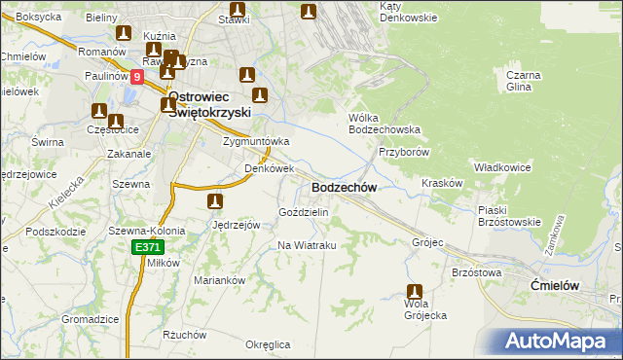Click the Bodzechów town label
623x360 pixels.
(343, 187)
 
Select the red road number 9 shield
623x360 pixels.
(136, 76)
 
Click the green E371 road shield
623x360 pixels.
(147, 248)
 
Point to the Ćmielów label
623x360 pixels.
(557, 284)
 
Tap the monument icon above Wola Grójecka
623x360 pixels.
(415, 291)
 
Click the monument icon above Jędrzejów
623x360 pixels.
(214, 202)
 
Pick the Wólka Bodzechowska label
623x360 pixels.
(384, 123)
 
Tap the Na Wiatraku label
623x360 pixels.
(307, 245)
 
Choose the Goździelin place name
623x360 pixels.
(304, 211)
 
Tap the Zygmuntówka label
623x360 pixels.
(256, 141)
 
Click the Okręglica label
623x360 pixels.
(269, 344)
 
